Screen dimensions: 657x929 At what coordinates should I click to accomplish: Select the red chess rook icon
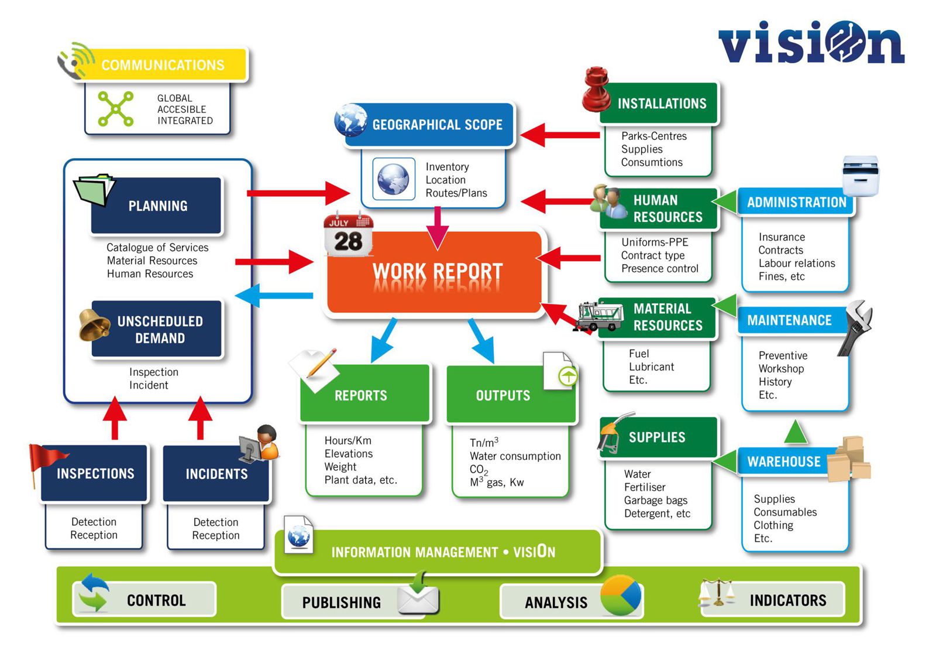tap(597, 90)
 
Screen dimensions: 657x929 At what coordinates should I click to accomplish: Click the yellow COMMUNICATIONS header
tap(162, 65)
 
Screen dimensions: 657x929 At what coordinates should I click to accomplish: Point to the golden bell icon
tap(94, 325)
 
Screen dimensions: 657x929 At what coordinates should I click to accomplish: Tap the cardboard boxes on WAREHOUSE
tap(849, 460)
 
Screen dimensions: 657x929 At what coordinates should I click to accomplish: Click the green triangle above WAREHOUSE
tap(795, 432)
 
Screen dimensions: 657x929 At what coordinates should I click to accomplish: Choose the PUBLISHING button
tap(342, 602)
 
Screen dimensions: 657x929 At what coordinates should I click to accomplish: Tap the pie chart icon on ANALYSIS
tap(621, 596)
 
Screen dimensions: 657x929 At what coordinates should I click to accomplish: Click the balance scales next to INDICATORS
tap(718, 593)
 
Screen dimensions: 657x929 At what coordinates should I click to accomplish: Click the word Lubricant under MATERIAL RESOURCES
tap(651, 367)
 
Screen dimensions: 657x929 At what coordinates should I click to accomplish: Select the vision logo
tap(811, 43)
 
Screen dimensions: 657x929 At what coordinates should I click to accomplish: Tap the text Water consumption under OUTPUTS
tap(515, 456)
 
